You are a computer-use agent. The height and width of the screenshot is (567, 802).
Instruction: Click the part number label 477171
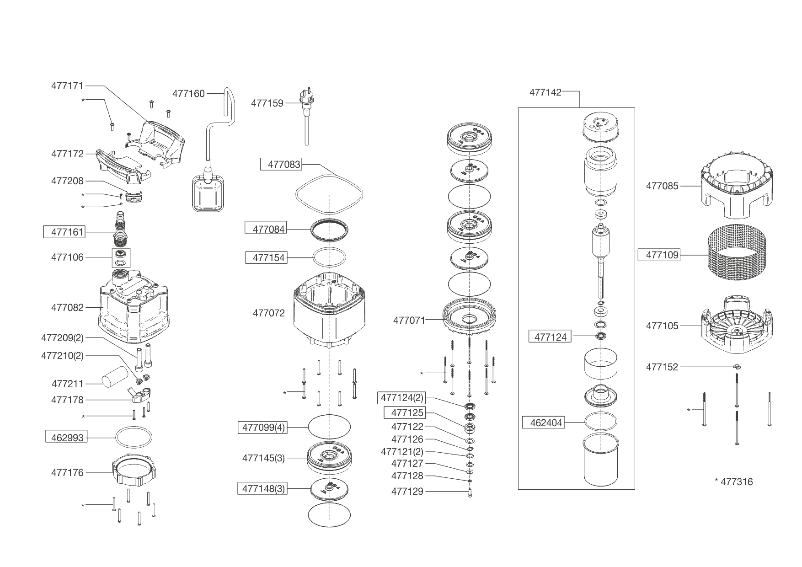tap(67, 86)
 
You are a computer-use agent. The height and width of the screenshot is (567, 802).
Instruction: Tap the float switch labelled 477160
tap(208, 194)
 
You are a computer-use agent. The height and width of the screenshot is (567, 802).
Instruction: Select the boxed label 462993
tap(67, 438)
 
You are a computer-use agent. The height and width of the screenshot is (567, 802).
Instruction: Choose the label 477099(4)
tap(263, 428)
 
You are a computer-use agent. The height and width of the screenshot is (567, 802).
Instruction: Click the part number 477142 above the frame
tap(545, 92)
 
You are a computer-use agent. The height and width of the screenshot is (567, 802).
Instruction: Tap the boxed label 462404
tap(546, 423)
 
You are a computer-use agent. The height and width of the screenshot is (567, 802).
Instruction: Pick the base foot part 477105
tap(736, 326)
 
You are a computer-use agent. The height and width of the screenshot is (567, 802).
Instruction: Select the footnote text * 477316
tap(733, 481)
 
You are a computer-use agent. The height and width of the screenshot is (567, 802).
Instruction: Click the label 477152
tap(662, 367)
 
